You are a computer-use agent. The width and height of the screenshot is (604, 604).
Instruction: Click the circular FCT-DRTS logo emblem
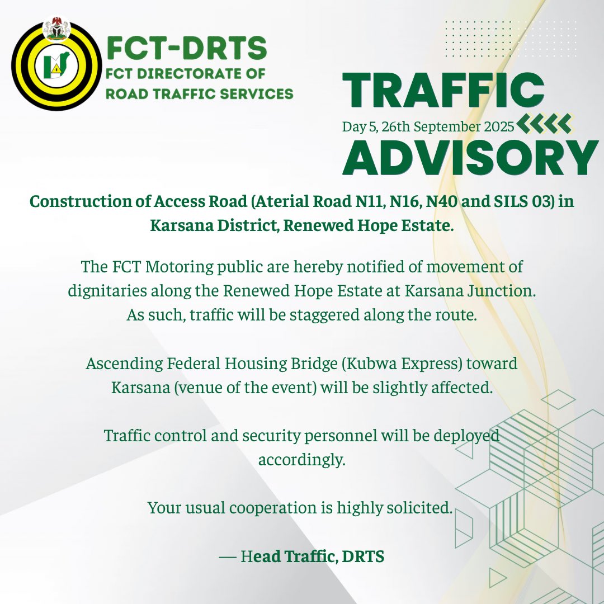pyautogui.click(x=56, y=67)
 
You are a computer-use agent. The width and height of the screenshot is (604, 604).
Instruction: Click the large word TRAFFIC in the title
pyautogui.click(x=443, y=91)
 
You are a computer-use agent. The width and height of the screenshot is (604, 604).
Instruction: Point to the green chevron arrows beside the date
pyautogui.click(x=544, y=124)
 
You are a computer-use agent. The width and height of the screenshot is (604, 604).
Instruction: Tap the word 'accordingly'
pyautogui.click(x=301, y=460)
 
